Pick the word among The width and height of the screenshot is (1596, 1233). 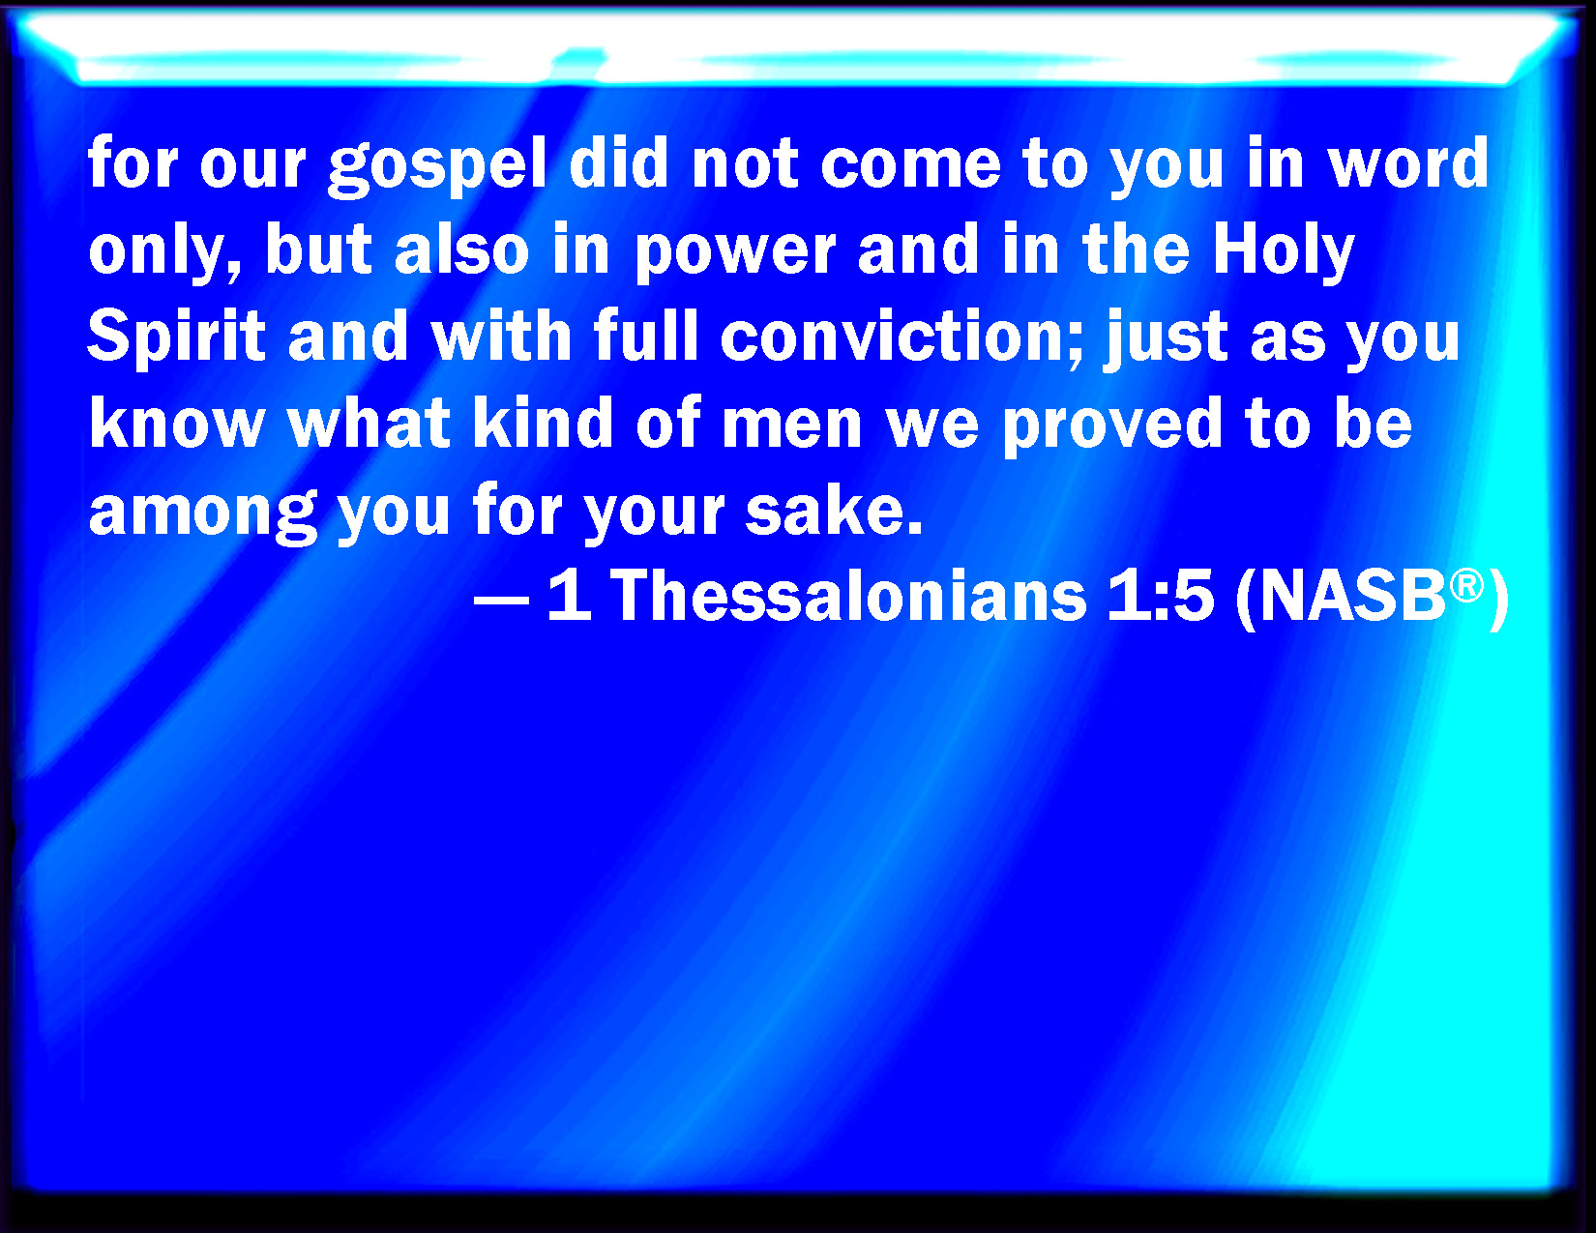pyautogui.click(x=203, y=514)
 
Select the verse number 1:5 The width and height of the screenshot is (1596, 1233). pyautogui.click(x=1161, y=597)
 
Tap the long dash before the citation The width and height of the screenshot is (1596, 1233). pyautogui.click(x=502, y=600)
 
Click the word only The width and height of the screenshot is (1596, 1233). pyautogui.click(x=164, y=251)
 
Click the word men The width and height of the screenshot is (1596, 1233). pyautogui.click(x=792, y=428)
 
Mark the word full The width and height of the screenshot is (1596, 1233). pyautogui.click(x=646, y=336)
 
